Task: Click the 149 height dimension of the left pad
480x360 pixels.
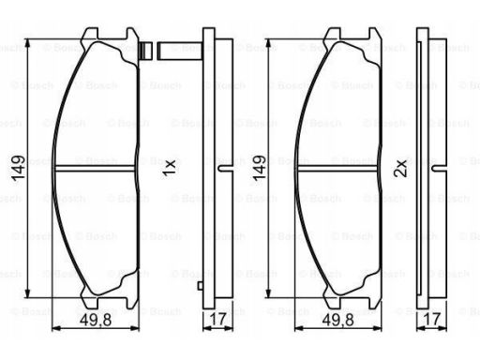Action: (x=18, y=168)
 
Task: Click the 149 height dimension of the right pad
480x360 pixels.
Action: (x=259, y=168)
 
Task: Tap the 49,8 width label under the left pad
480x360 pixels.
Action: (x=96, y=320)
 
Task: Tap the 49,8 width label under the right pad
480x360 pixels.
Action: (x=338, y=320)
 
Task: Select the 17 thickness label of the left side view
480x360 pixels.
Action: (x=217, y=320)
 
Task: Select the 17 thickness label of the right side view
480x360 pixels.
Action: (x=432, y=320)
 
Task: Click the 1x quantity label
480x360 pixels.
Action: (x=169, y=168)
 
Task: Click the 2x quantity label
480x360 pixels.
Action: (x=401, y=168)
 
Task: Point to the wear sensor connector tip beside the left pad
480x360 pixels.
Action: (x=145, y=51)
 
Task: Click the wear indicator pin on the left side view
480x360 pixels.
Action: (x=180, y=51)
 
